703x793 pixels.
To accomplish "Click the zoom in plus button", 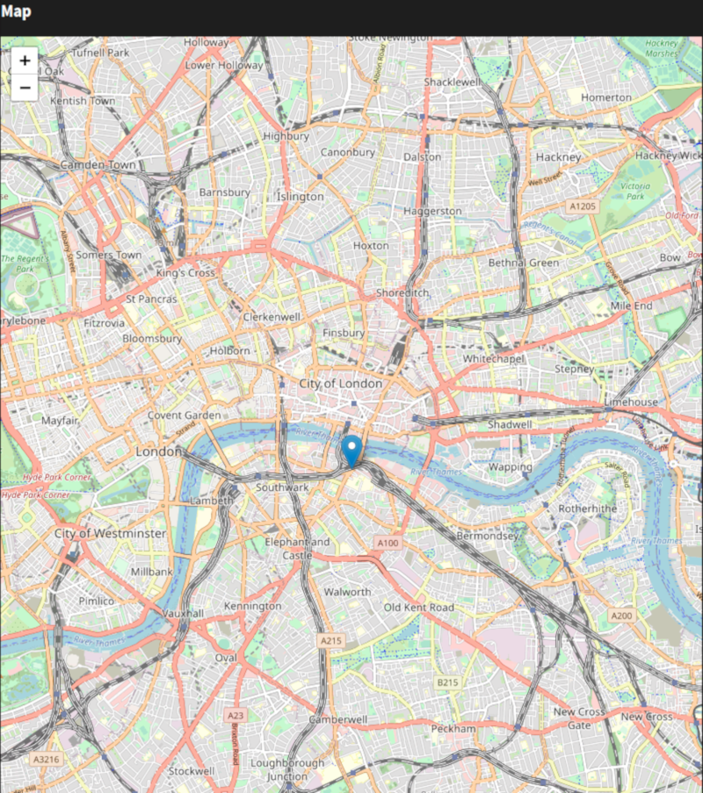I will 25,61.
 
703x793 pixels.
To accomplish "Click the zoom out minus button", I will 25,87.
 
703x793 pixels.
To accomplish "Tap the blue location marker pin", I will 352,451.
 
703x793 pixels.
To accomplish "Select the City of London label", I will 340,384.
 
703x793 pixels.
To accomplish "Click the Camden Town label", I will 98,165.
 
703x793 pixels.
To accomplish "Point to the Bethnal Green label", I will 524,263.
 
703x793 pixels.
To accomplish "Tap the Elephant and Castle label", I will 297,549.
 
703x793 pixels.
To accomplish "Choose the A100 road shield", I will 388,544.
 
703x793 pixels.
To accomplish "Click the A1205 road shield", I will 582,206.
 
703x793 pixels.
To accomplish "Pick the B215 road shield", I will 447,682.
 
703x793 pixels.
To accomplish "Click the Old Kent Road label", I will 419,608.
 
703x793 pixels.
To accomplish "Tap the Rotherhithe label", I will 588,508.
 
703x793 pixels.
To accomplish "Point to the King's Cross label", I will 185,273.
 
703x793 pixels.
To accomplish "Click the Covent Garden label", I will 184,415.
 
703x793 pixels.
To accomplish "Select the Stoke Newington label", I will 390,39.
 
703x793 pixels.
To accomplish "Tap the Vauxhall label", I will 183,612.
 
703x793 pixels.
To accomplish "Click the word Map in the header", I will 16,11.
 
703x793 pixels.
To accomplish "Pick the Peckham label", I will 453,729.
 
